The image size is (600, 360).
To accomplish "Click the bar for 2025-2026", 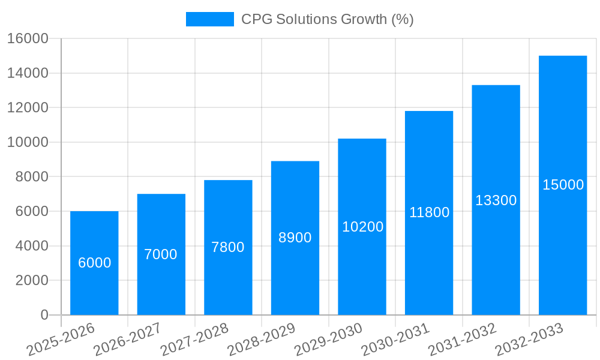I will [x=94, y=282].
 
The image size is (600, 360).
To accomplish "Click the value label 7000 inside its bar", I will [x=161, y=254].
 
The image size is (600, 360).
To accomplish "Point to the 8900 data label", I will [x=295, y=238].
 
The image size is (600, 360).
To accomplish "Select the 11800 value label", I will [x=429, y=212].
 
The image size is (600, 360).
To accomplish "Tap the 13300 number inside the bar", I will [x=496, y=200].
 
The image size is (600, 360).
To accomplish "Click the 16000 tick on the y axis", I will [x=28, y=38].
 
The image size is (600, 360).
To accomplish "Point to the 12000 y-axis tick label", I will [x=28, y=108].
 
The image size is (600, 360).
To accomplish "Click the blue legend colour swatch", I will [x=210, y=19].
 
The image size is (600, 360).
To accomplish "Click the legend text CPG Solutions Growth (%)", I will [x=328, y=19].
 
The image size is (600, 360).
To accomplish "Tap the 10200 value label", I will [x=362, y=227].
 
